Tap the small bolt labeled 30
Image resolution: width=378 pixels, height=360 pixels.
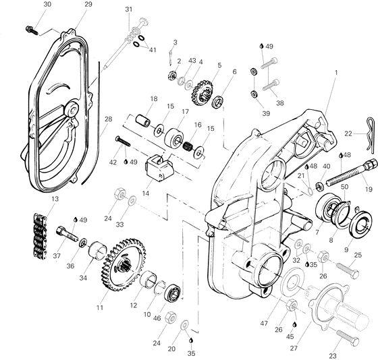coord(31,29)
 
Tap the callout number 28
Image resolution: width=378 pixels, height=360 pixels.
coord(107,119)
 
